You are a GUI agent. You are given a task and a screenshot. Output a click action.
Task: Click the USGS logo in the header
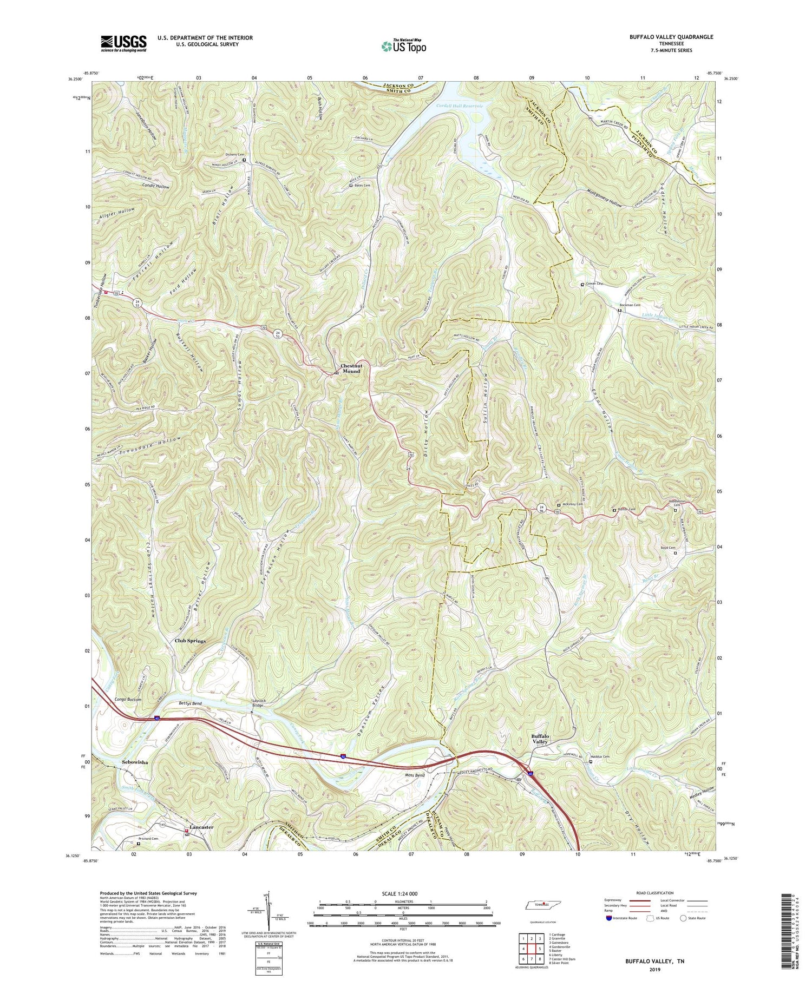click(123, 43)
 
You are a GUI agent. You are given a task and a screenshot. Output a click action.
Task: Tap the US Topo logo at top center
click(403, 46)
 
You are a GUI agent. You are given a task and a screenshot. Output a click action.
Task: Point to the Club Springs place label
click(190, 641)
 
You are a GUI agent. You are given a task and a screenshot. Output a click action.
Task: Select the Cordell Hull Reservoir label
click(460, 106)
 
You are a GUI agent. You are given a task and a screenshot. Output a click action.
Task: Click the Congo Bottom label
click(128, 700)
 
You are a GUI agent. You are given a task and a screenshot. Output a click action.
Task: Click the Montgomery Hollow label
click(612, 198)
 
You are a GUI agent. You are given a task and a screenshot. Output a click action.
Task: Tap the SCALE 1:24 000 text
click(403, 893)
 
